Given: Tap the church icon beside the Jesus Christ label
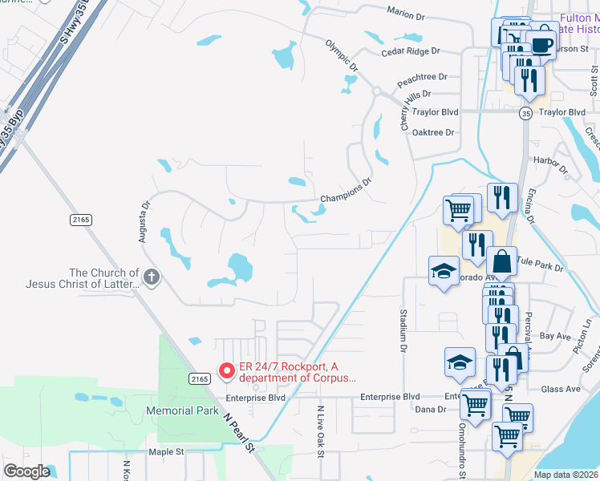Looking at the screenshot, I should click(152, 277).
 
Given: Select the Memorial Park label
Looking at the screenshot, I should click(182, 410).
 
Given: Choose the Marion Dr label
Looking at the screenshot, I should click(405, 15).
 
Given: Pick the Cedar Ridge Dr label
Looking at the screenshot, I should click(411, 51).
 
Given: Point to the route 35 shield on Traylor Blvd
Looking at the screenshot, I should click(525, 113).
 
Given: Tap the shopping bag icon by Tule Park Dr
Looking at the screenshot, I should click(502, 261).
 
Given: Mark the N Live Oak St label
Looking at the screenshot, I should click(319, 430).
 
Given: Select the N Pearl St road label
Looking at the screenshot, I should click(239, 434).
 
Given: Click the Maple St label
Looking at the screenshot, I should click(166, 452).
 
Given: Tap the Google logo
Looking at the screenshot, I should click(26, 471).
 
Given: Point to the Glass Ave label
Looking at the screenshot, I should click(561, 390).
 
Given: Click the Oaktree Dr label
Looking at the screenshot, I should click(433, 132).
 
